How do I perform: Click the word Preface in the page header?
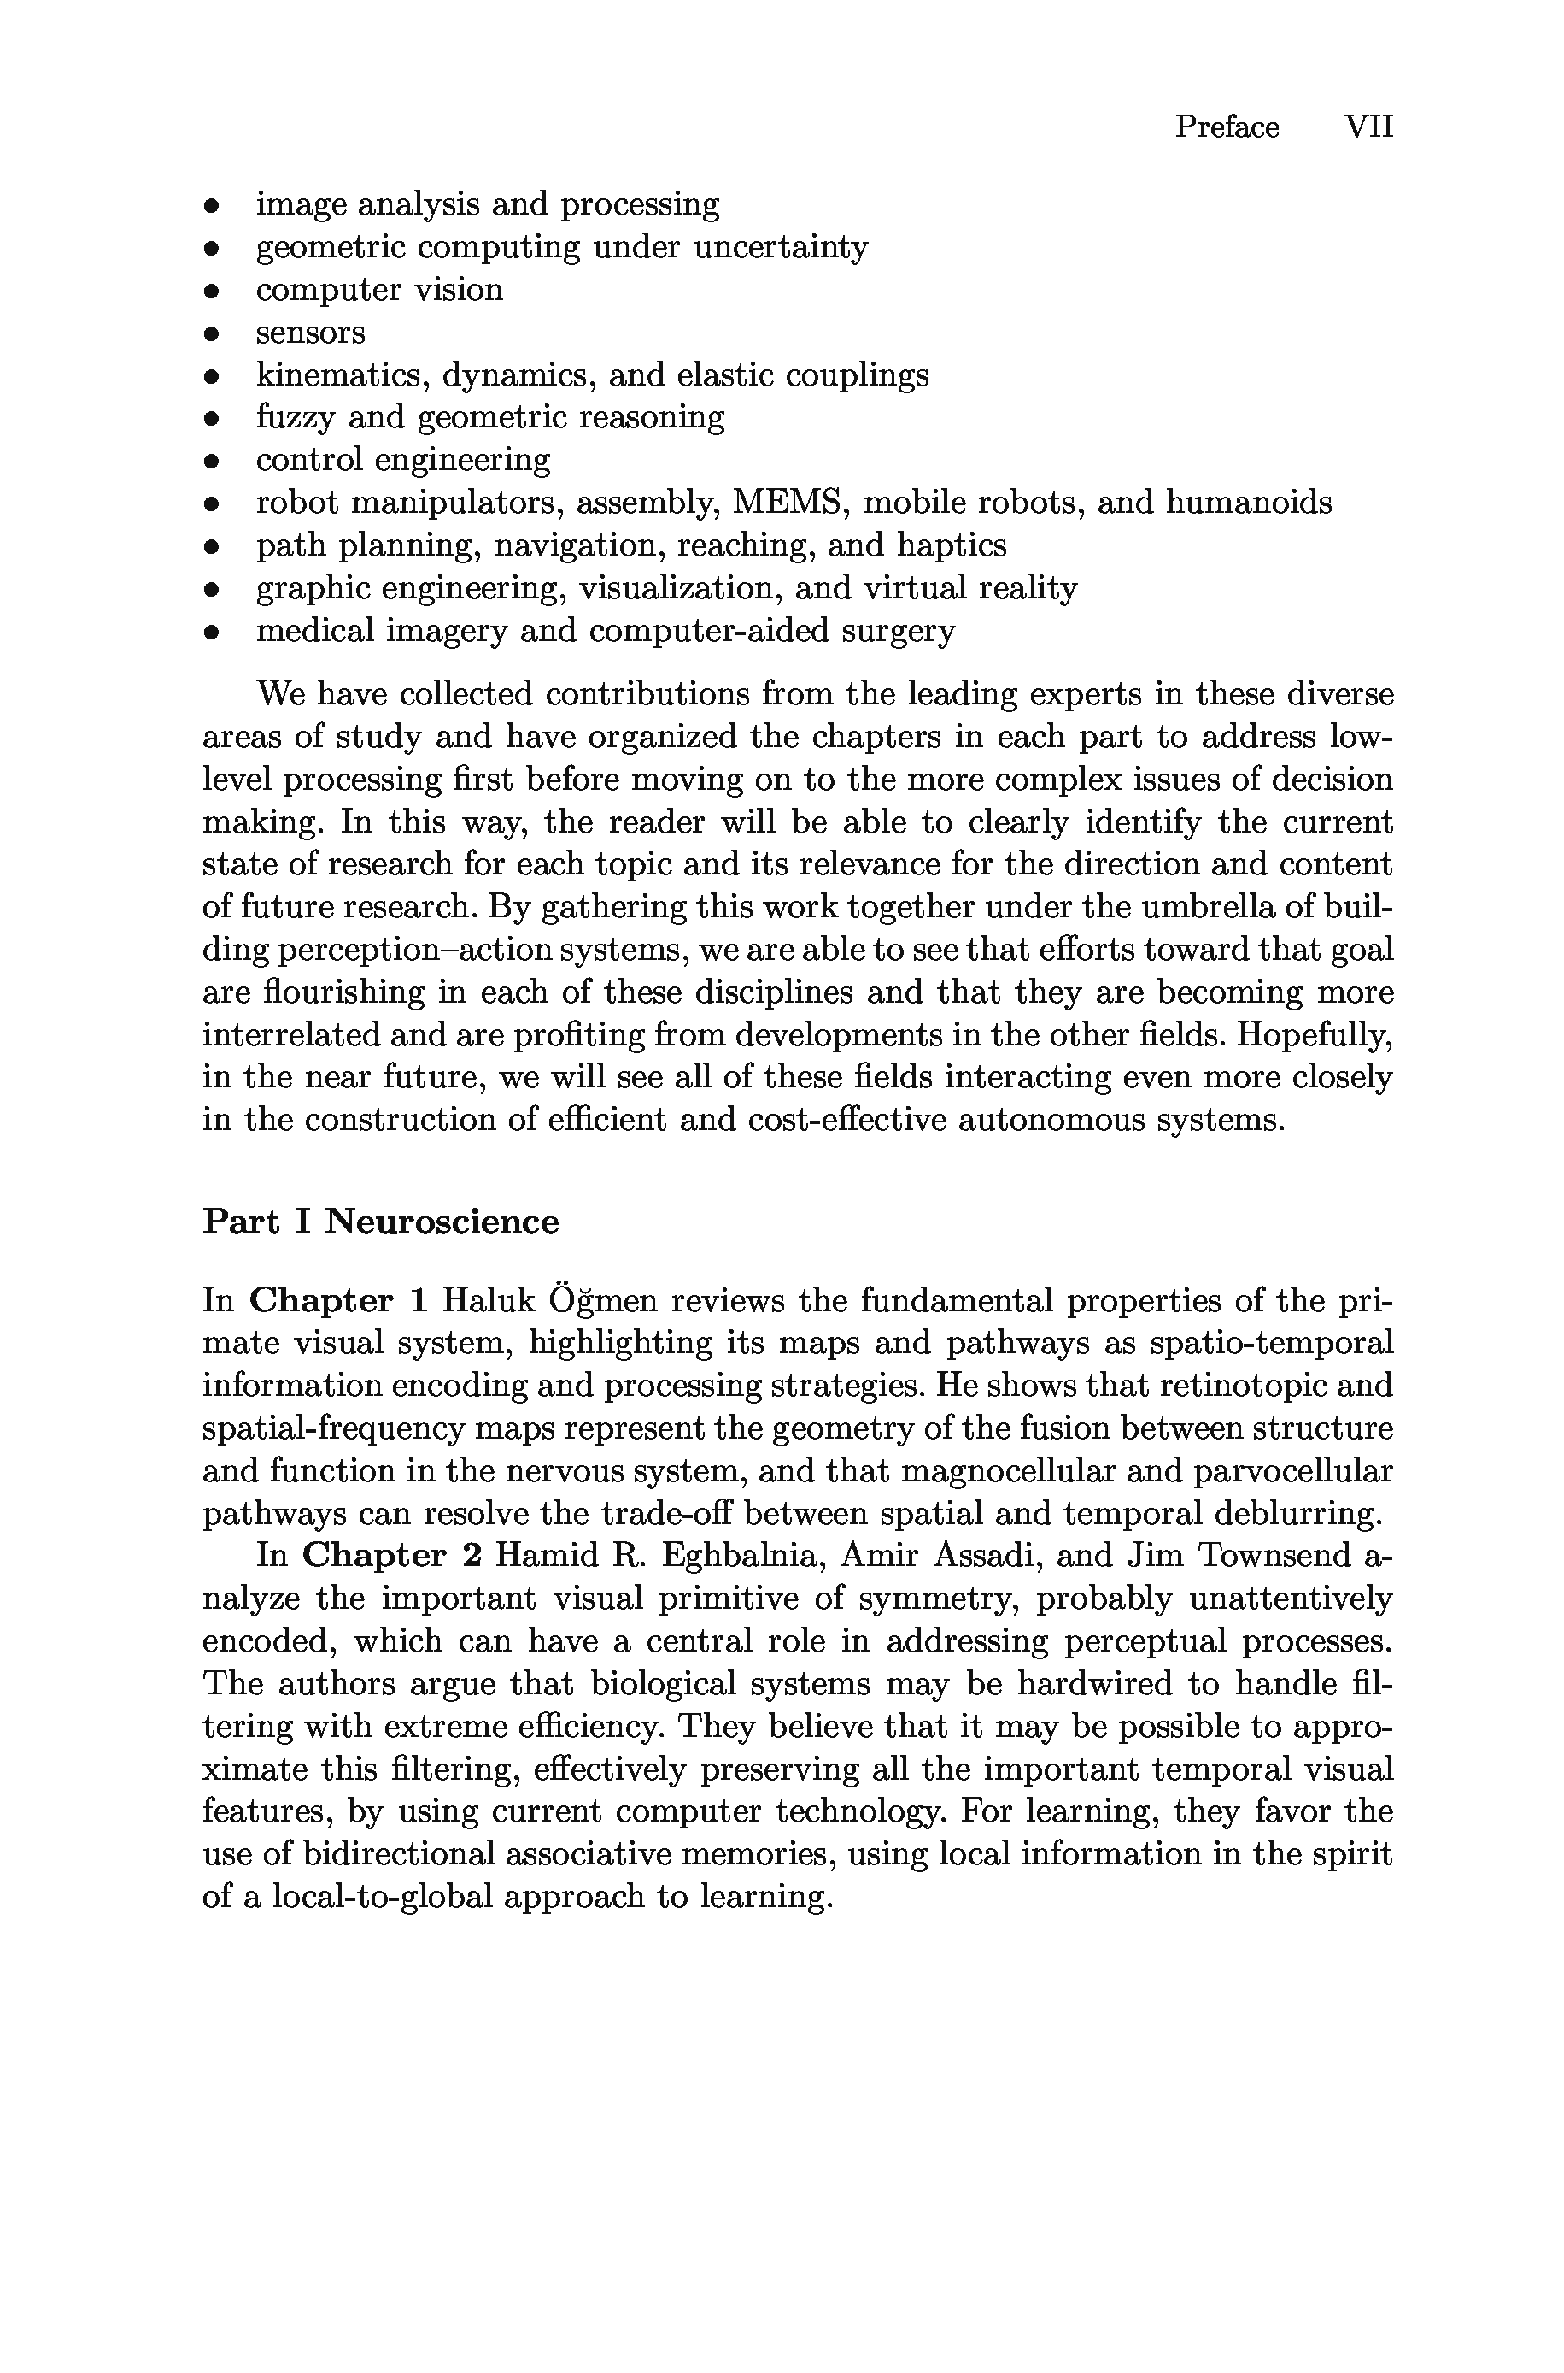click(x=1226, y=127)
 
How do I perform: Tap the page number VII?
click(x=1368, y=127)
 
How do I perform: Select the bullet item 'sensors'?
click(x=310, y=333)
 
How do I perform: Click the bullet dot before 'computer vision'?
click(x=210, y=291)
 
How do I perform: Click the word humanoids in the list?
click(x=1249, y=502)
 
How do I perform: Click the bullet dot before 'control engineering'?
click(x=210, y=462)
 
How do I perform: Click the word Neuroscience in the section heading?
click(x=441, y=1222)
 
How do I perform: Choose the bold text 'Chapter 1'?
click(x=338, y=1301)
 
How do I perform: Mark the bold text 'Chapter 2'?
click(x=392, y=1556)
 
